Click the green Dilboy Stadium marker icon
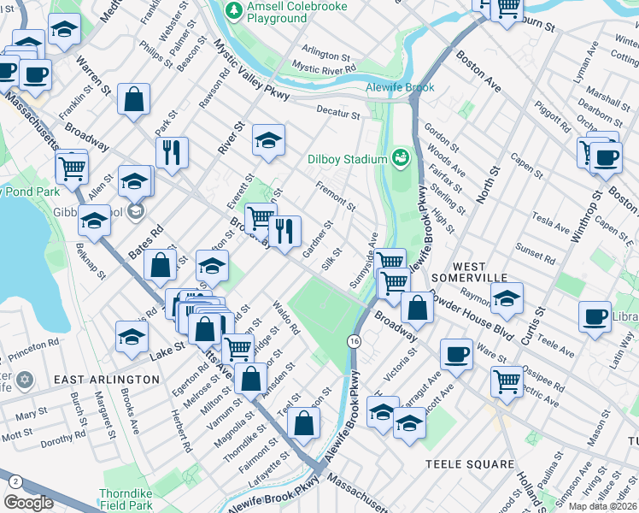tap(400, 157)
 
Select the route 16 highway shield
tap(353, 341)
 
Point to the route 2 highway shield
tap(15, 481)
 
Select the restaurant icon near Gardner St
tap(284, 229)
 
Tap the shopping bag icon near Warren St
tap(134, 98)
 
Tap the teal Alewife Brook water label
tap(400, 88)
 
